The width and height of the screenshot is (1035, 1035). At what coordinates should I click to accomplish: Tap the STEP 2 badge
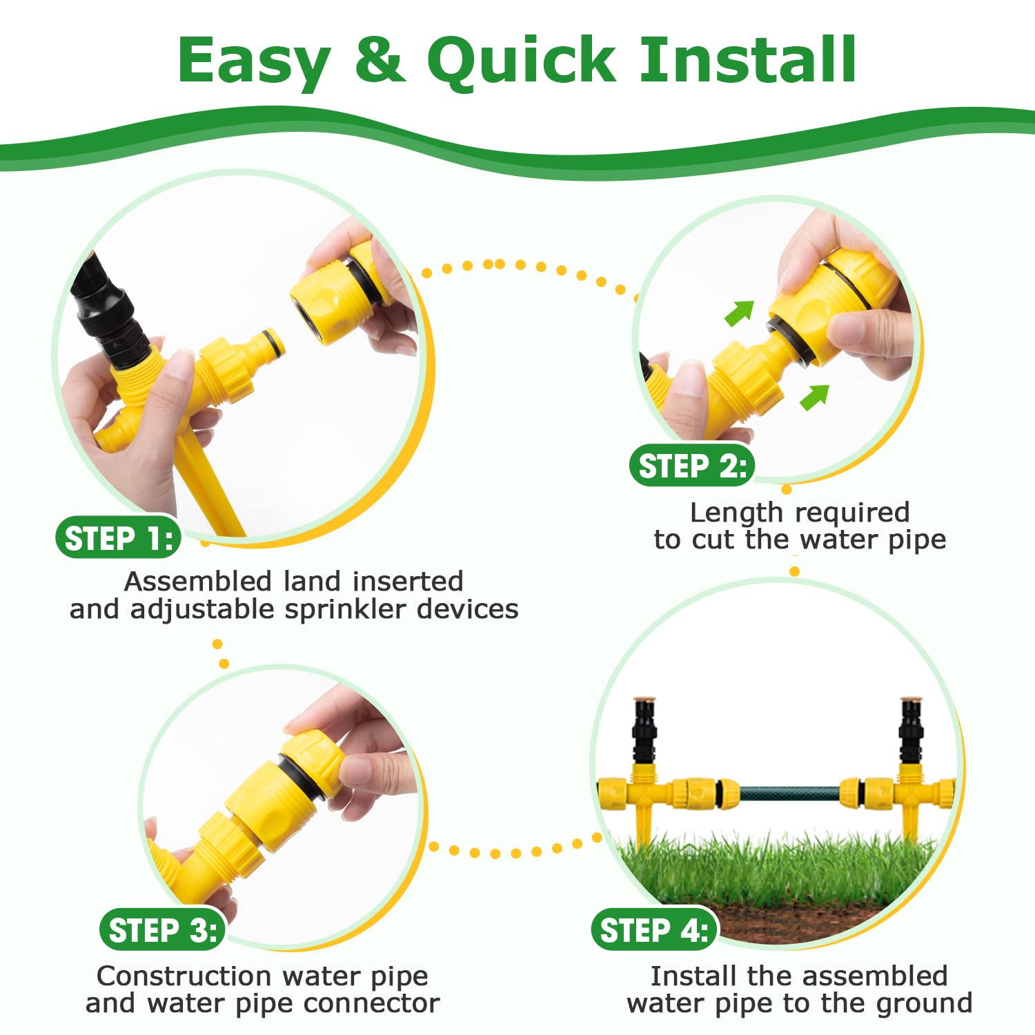tap(692, 466)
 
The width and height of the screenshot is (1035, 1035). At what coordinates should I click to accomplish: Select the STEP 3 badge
tap(163, 930)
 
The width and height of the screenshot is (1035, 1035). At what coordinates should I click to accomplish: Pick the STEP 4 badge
tap(654, 930)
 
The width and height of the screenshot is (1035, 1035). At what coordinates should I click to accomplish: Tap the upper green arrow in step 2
tap(739, 313)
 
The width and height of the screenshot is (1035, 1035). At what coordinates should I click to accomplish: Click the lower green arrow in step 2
tap(814, 397)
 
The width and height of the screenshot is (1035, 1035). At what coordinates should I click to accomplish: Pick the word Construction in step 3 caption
tap(184, 976)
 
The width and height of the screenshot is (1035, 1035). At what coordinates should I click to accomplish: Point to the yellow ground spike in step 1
tap(207, 483)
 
